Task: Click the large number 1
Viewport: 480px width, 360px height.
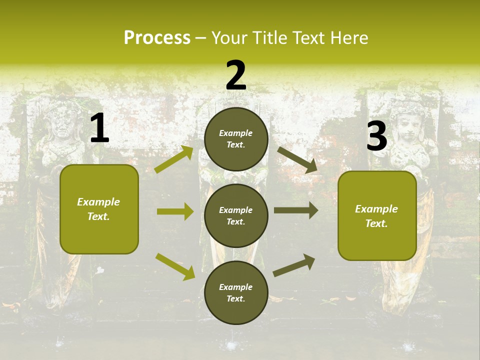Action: [x=99, y=128]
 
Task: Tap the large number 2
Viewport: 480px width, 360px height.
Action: [x=236, y=75]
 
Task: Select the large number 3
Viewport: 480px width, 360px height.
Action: [x=376, y=136]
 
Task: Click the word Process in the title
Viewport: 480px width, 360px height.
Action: [x=157, y=38]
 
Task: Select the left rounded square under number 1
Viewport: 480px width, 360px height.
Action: [x=99, y=209]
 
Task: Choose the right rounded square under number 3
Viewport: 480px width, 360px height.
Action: [x=377, y=215]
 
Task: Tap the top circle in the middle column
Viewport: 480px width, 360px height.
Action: [x=236, y=139]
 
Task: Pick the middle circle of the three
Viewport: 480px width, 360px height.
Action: [x=236, y=215]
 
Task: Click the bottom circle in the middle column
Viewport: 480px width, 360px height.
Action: [x=236, y=292]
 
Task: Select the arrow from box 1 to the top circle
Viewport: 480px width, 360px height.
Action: [x=174, y=159]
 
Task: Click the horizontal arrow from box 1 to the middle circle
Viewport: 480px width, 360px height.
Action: [x=175, y=211]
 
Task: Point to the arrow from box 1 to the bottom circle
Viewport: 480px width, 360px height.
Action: [x=175, y=266]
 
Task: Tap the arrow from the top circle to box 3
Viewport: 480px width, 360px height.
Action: [x=297, y=160]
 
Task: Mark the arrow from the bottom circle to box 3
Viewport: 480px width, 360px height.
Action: [x=294, y=265]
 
